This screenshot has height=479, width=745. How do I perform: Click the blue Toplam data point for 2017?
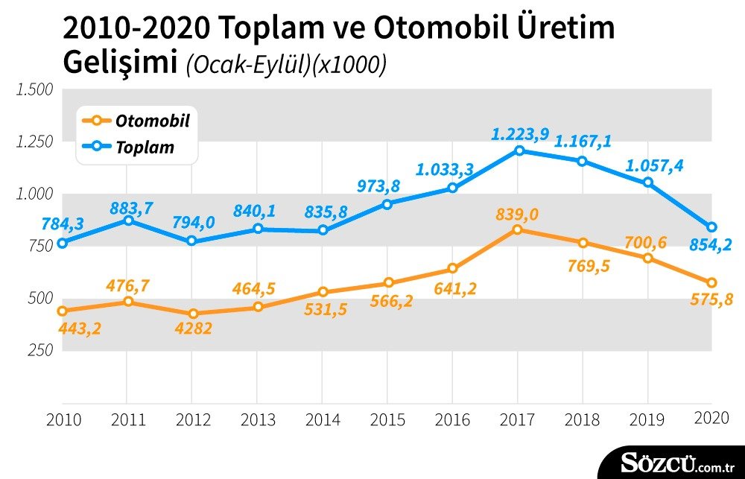519,150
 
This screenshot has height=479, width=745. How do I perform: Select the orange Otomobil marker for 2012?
193,314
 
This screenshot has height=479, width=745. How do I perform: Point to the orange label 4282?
192,329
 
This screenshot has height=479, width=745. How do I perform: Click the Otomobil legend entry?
136,120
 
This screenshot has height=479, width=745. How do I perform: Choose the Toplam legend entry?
128,147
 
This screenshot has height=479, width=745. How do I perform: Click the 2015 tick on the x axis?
387,420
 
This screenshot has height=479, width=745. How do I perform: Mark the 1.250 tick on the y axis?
34,142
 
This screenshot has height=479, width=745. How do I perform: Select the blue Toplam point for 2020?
711,227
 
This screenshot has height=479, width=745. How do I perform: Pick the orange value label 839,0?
517,215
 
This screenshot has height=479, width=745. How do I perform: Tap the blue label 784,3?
63,223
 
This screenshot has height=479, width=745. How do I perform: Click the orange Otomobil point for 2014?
323,292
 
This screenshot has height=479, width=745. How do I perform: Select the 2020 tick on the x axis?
711,418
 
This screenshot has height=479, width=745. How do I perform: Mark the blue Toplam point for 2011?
128,220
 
